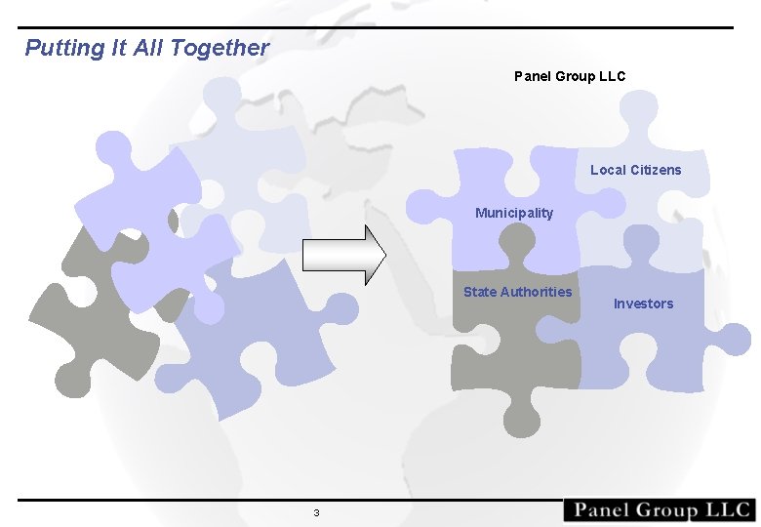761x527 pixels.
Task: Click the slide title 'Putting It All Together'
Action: [146, 48]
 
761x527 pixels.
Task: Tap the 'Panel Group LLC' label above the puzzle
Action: [570, 76]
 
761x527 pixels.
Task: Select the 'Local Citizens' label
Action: [636, 170]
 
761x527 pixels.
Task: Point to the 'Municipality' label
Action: [514, 213]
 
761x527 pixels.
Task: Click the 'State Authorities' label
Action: [518, 292]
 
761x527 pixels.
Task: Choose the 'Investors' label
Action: [643, 304]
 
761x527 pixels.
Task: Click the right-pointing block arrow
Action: [344, 256]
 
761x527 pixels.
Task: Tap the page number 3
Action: [316, 513]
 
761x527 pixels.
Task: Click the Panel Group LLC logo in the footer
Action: [660, 510]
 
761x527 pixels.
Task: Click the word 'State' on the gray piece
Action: [480, 292]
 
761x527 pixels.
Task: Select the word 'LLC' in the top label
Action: [612, 76]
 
